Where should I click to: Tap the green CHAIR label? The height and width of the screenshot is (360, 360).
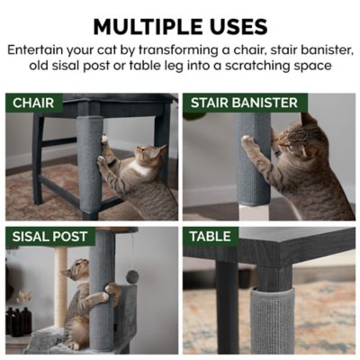point(32,103)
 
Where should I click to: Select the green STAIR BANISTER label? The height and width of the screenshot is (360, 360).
point(244,103)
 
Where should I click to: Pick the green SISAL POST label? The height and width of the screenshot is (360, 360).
point(49,237)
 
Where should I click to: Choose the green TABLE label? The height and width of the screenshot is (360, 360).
point(210,237)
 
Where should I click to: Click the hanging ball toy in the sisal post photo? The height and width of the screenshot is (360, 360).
point(132,275)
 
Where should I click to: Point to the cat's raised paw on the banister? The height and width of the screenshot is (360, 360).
point(246,141)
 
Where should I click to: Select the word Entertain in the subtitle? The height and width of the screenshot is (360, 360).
point(37,49)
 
